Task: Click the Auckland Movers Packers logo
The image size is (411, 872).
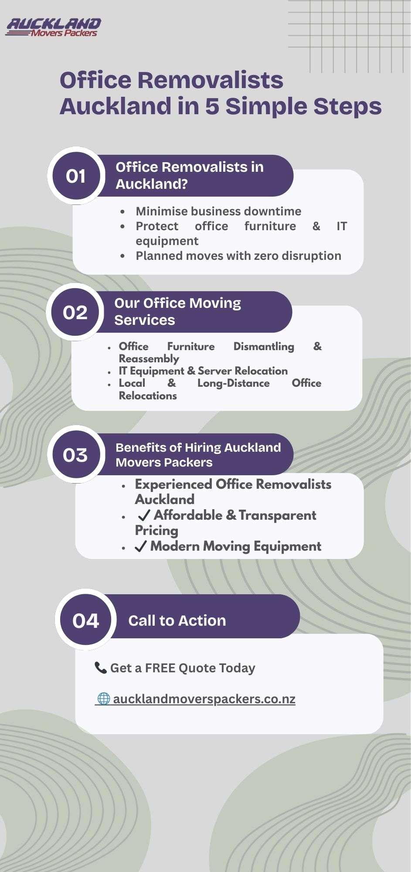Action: [53, 27]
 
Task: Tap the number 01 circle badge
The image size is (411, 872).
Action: [76, 176]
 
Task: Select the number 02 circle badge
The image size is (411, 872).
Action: [75, 312]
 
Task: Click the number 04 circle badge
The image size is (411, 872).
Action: [85, 620]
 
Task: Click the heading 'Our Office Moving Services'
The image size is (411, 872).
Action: [177, 311]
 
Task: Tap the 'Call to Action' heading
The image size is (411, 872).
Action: [177, 620]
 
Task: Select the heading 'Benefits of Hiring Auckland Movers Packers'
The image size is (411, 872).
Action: [198, 455]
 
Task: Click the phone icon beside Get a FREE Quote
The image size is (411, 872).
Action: [101, 668]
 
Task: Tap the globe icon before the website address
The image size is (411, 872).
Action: [104, 698]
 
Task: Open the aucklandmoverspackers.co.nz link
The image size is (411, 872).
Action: [204, 699]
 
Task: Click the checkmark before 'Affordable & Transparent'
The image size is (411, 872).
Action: [144, 515]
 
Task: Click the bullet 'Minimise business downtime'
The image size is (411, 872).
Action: [218, 211]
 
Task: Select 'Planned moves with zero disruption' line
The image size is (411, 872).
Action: [238, 255]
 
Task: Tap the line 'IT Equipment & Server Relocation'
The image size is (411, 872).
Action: [203, 371]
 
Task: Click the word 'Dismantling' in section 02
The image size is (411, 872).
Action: [264, 346]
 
